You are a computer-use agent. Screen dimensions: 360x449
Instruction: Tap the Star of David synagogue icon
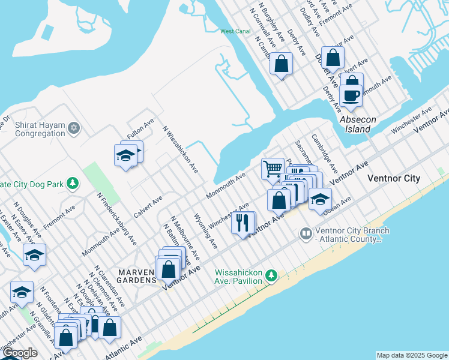coord(74,127)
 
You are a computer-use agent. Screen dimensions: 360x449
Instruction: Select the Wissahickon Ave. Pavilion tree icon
coord(272,275)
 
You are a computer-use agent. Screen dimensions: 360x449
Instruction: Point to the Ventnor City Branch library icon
coord(306,232)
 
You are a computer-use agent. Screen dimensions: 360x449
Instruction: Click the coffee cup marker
coord(351,95)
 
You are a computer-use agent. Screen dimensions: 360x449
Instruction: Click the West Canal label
coord(235,31)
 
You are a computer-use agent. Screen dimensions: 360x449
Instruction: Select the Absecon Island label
coord(358,124)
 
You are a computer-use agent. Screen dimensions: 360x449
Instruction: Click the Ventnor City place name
coord(393,179)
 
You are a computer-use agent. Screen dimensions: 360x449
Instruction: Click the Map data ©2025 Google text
coord(412,355)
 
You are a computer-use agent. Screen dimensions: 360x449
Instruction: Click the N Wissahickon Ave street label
coord(181,149)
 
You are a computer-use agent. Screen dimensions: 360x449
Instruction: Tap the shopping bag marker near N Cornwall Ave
coord(280,63)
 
